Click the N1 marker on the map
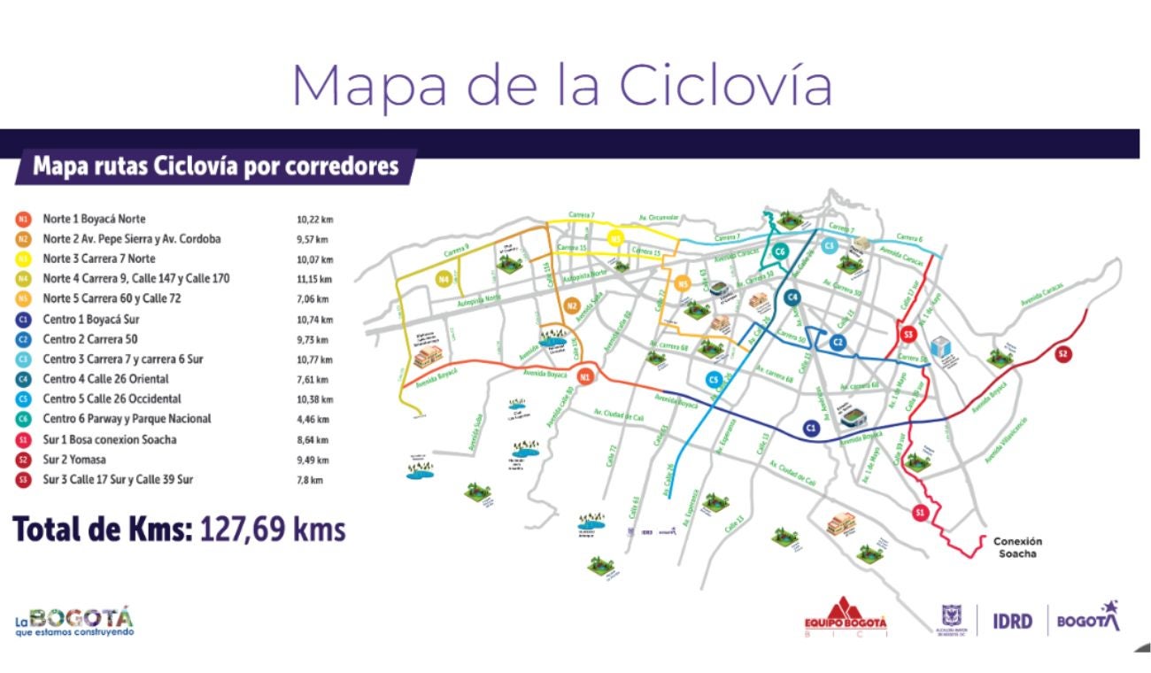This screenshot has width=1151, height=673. pyautogui.click(x=584, y=378)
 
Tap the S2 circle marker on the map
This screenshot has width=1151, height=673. pyautogui.click(x=1063, y=354)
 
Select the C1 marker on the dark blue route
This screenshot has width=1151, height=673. pyautogui.click(x=809, y=428)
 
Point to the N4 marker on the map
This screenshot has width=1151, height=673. pyautogui.click(x=444, y=279)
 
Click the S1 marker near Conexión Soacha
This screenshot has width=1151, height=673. pyautogui.click(x=921, y=512)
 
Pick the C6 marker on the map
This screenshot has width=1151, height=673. pyautogui.click(x=780, y=252)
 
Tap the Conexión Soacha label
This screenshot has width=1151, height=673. pyautogui.click(x=1018, y=547)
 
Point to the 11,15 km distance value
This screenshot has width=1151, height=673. pyautogui.click(x=314, y=280)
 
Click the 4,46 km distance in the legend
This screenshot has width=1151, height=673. pyautogui.click(x=313, y=420)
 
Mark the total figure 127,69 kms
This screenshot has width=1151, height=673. pyautogui.click(x=273, y=530)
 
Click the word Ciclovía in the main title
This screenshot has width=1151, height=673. pyautogui.click(x=725, y=86)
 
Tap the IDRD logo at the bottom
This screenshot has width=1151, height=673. pyautogui.click(x=1011, y=621)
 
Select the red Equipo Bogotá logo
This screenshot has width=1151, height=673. pyautogui.click(x=844, y=616)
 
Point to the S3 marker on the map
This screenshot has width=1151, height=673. pyautogui.click(x=908, y=334)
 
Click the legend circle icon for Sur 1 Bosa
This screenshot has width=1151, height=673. pyautogui.click(x=24, y=440)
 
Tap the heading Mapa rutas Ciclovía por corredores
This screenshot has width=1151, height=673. pyautogui.click(x=216, y=166)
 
